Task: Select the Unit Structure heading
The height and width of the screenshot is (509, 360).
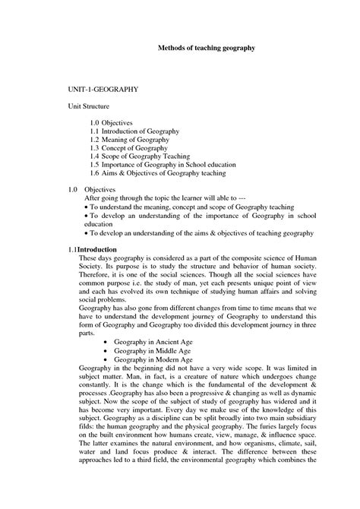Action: [94, 107]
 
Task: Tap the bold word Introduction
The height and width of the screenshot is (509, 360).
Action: [97, 248]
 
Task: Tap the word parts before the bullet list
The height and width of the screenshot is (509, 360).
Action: [87, 331]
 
